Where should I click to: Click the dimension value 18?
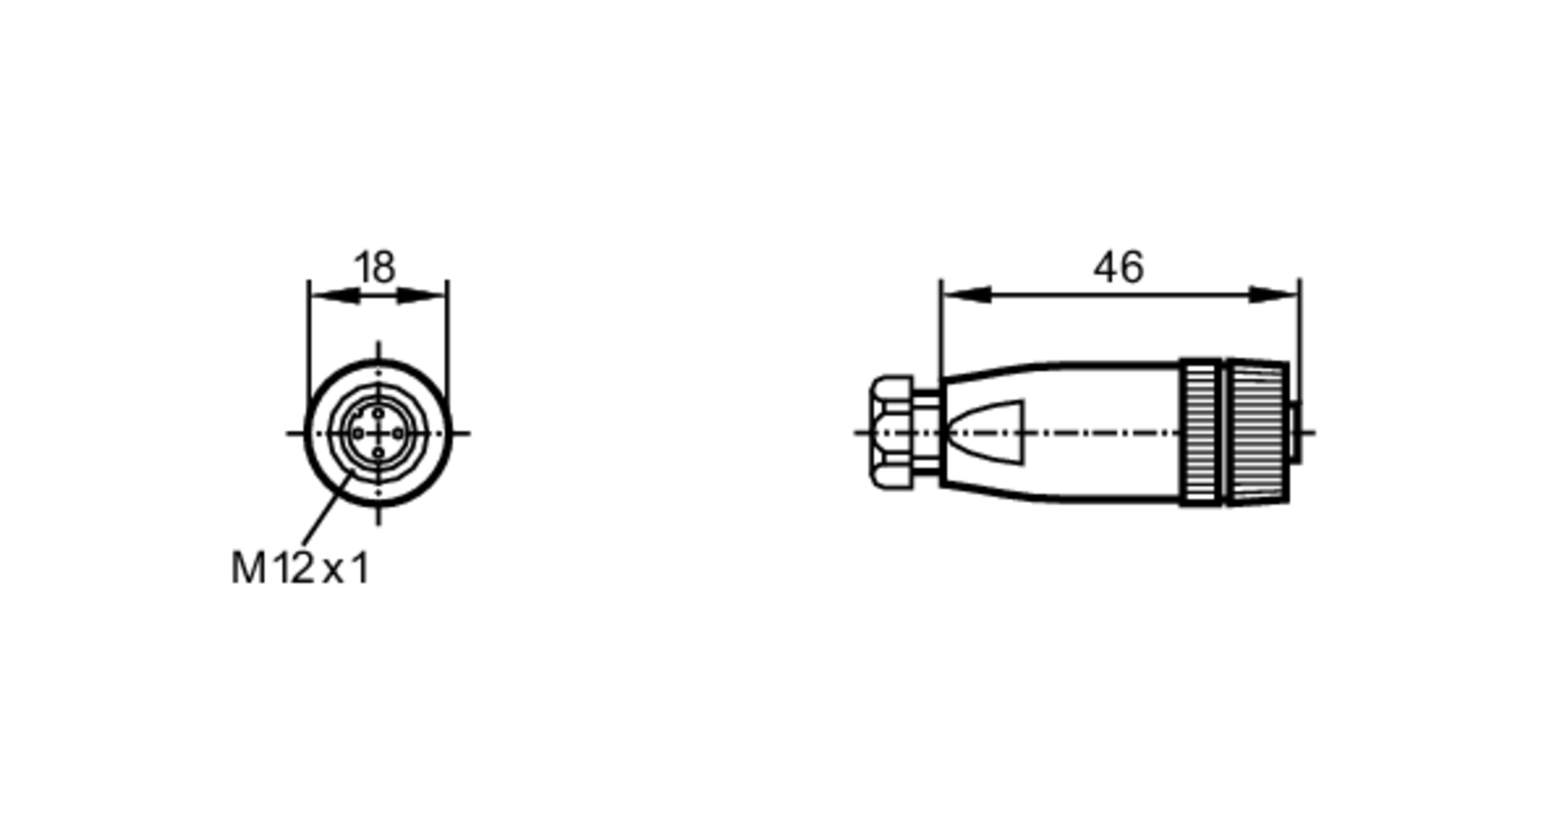[375, 268]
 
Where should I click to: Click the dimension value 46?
[1118, 268]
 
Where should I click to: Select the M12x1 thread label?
[301, 569]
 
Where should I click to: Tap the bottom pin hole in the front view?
[378, 453]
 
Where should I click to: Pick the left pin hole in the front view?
[358, 433]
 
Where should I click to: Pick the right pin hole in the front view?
[398, 433]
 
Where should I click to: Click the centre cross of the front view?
[378, 433]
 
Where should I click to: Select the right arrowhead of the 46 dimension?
[1275, 295]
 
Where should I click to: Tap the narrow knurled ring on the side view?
[1200, 433]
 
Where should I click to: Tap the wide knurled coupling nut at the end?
[1256, 433]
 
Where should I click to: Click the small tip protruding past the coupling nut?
[1296, 433]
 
